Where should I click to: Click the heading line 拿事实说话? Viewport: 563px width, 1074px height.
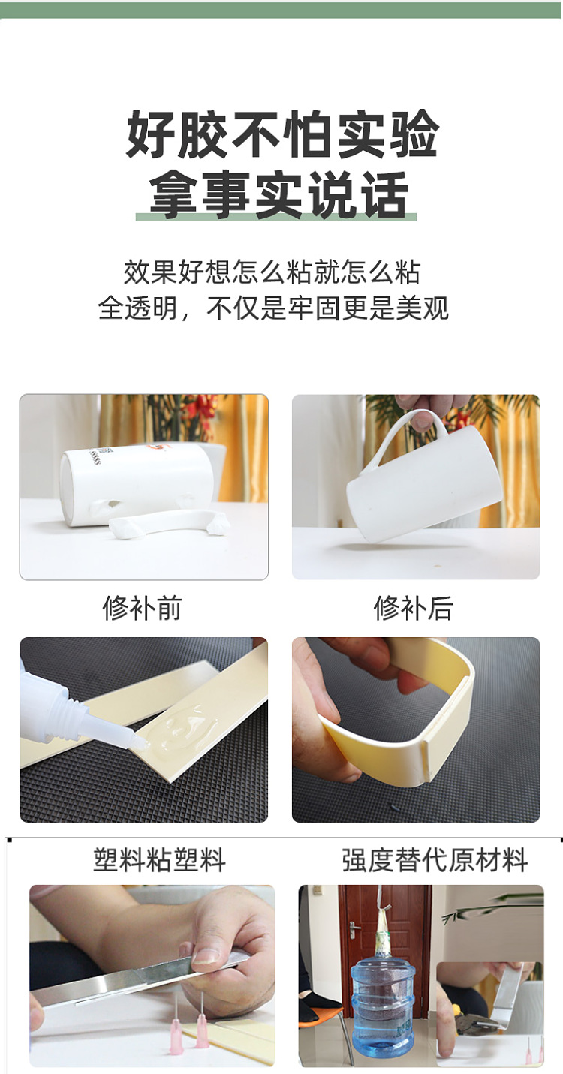tap(278, 194)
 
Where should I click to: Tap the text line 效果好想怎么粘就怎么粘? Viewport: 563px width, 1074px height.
tap(272, 272)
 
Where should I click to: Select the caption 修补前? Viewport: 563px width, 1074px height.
tap(143, 608)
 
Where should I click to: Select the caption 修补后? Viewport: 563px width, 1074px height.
tap(414, 608)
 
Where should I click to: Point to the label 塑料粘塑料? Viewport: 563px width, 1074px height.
tap(160, 860)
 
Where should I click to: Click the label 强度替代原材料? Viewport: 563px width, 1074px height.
tap(435, 860)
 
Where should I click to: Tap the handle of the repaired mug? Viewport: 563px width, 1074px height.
tap(402, 435)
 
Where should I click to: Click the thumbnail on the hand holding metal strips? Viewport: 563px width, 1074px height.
tap(204, 955)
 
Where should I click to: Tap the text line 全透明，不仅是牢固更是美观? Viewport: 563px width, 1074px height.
tap(273, 308)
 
